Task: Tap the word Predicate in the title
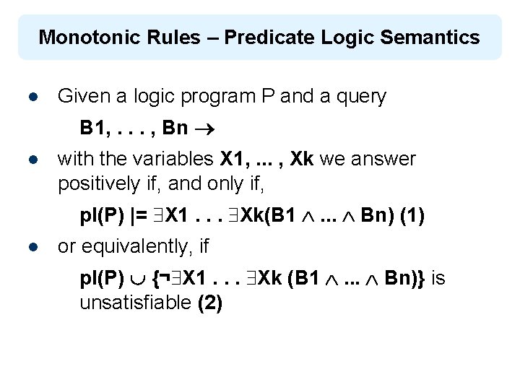[263, 37]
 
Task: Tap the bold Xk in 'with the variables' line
[303, 159]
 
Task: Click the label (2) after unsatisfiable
[209, 303]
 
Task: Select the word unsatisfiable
[135, 303]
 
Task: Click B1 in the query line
[92, 129]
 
